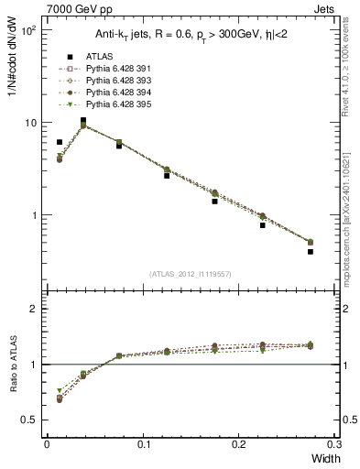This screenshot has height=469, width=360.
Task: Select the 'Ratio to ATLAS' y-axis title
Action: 13,365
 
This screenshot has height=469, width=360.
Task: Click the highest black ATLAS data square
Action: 83,120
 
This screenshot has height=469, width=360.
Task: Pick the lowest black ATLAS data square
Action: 311,251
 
